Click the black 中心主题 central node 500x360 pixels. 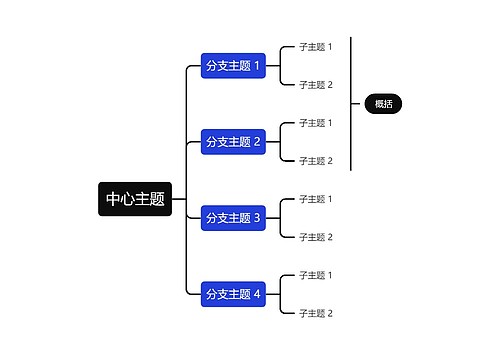[135, 199]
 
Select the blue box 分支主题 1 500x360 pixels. [233, 66]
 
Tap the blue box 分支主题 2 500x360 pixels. [233, 142]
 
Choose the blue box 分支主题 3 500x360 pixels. [233, 218]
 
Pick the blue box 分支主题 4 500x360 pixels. [233, 294]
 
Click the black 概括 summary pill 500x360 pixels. [383, 103]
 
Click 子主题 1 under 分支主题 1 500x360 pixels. [315, 47]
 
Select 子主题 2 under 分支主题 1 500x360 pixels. [315, 85]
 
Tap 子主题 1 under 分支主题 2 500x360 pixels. [315, 123]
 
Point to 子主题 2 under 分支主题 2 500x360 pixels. [315, 161]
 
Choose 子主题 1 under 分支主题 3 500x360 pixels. [315, 199]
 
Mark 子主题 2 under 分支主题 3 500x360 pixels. [315, 237]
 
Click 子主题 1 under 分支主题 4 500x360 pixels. [315, 275]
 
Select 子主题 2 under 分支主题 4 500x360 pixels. [315, 313]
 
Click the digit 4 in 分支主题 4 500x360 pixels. [257, 294]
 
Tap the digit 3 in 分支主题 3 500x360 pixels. [257, 218]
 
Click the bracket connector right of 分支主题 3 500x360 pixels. [281, 218]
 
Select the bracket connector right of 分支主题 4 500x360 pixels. [281, 294]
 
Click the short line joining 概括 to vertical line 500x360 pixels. [358, 103]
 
